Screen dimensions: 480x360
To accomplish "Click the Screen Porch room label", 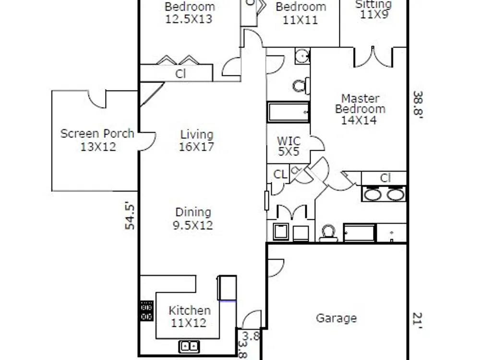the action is pyautogui.click(x=97, y=140).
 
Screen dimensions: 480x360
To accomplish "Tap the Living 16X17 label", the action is pyautogui.click(x=196, y=141).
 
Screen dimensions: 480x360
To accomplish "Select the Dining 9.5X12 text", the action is pyautogui.click(x=193, y=218).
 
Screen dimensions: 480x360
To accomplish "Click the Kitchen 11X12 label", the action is pyautogui.click(x=190, y=316).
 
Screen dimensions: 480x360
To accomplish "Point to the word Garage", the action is pyautogui.click(x=336, y=318).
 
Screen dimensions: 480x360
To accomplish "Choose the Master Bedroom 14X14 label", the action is pyautogui.click(x=360, y=109).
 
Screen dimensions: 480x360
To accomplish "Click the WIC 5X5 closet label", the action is pyautogui.click(x=288, y=146).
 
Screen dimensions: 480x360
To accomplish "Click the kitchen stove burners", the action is pyautogui.click(x=146, y=311).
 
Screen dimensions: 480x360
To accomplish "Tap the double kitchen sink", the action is pyautogui.click(x=189, y=347).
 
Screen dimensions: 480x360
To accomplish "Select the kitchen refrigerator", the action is pyautogui.click(x=227, y=288).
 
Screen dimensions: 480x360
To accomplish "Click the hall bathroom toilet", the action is pyautogui.click(x=301, y=86).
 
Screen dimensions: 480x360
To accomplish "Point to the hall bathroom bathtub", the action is pyautogui.click(x=288, y=112).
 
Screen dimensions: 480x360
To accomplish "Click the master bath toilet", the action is pyautogui.click(x=328, y=233).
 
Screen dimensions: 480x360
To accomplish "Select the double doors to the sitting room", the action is pyautogui.click(x=373, y=57).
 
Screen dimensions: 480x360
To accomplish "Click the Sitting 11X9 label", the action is pyautogui.click(x=373, y=9).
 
